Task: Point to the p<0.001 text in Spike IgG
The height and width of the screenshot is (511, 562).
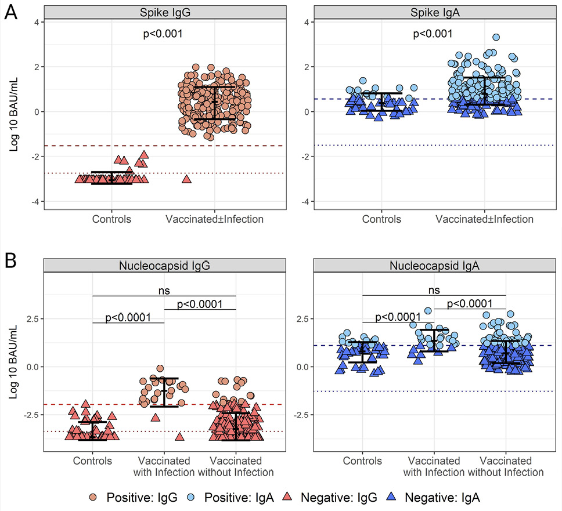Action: click(x=163, y=34)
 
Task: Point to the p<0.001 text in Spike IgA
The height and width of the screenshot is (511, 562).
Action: click(x=433, y=34)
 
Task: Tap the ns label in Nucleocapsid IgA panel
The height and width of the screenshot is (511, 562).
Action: click(x=434, y=289)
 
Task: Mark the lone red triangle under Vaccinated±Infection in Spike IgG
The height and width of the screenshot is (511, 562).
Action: click(x=186, y=179)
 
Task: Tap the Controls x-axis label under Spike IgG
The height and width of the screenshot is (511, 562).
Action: click(x=111, y=219)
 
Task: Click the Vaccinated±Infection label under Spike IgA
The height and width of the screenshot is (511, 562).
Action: click(x=485, y=219)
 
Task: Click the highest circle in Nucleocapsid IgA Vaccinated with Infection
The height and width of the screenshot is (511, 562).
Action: click(x=428, y=311)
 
